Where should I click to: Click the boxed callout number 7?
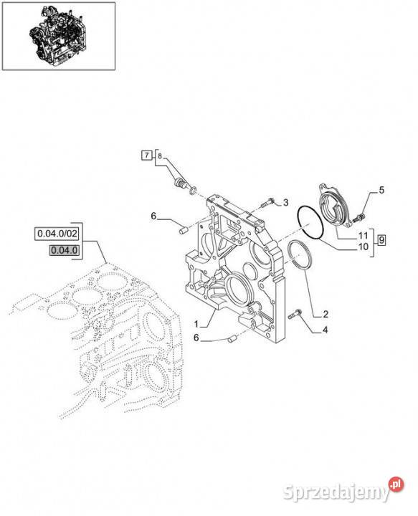click(x=146, y=155)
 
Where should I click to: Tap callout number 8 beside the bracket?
click(x=160, y=156)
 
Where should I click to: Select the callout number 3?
click(x=285, y=202)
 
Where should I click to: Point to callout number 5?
click(x=381, y=190)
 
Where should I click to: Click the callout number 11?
click(x=363, y=236)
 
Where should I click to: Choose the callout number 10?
click(x=363, y=247)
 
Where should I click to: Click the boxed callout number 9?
click(x=381, y=240)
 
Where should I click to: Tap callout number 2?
click(x=326, y=315)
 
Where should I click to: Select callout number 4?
click(x=325, y=330)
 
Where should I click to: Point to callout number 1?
click(x=196, y=325)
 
